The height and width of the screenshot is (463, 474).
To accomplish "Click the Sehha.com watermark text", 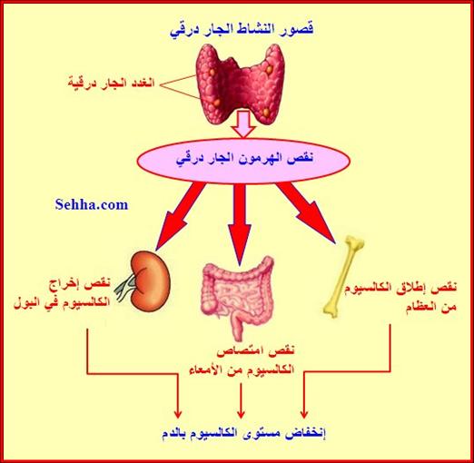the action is click(92, 205).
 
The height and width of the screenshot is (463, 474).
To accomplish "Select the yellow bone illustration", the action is click(343, 276).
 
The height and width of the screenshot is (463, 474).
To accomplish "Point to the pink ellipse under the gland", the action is click(243, 161).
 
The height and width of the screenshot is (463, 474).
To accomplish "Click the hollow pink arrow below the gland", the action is click(244, 124).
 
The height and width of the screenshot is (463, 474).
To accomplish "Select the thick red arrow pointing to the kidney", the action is click(180, 217).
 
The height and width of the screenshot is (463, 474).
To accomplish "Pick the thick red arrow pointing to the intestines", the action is click(240, 224).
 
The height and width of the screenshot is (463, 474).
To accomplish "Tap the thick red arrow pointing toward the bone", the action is click(306, 212).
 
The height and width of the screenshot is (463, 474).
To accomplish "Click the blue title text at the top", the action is click(242, 30).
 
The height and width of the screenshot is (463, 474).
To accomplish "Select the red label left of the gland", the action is click(112, 83).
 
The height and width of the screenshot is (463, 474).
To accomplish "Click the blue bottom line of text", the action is click(243, 434).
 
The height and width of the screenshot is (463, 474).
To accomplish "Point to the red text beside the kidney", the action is click(62, 293).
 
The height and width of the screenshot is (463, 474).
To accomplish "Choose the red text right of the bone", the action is click(401, 297).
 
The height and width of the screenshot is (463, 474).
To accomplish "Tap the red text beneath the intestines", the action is click(242, 360).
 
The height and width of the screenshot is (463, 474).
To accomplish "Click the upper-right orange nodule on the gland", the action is click(269, 69).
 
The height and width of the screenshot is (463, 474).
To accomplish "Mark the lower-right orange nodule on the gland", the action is click(266, 113).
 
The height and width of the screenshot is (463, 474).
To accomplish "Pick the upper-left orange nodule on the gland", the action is click(212, 72).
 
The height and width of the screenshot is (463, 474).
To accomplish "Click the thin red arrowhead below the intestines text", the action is click(241, 414).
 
